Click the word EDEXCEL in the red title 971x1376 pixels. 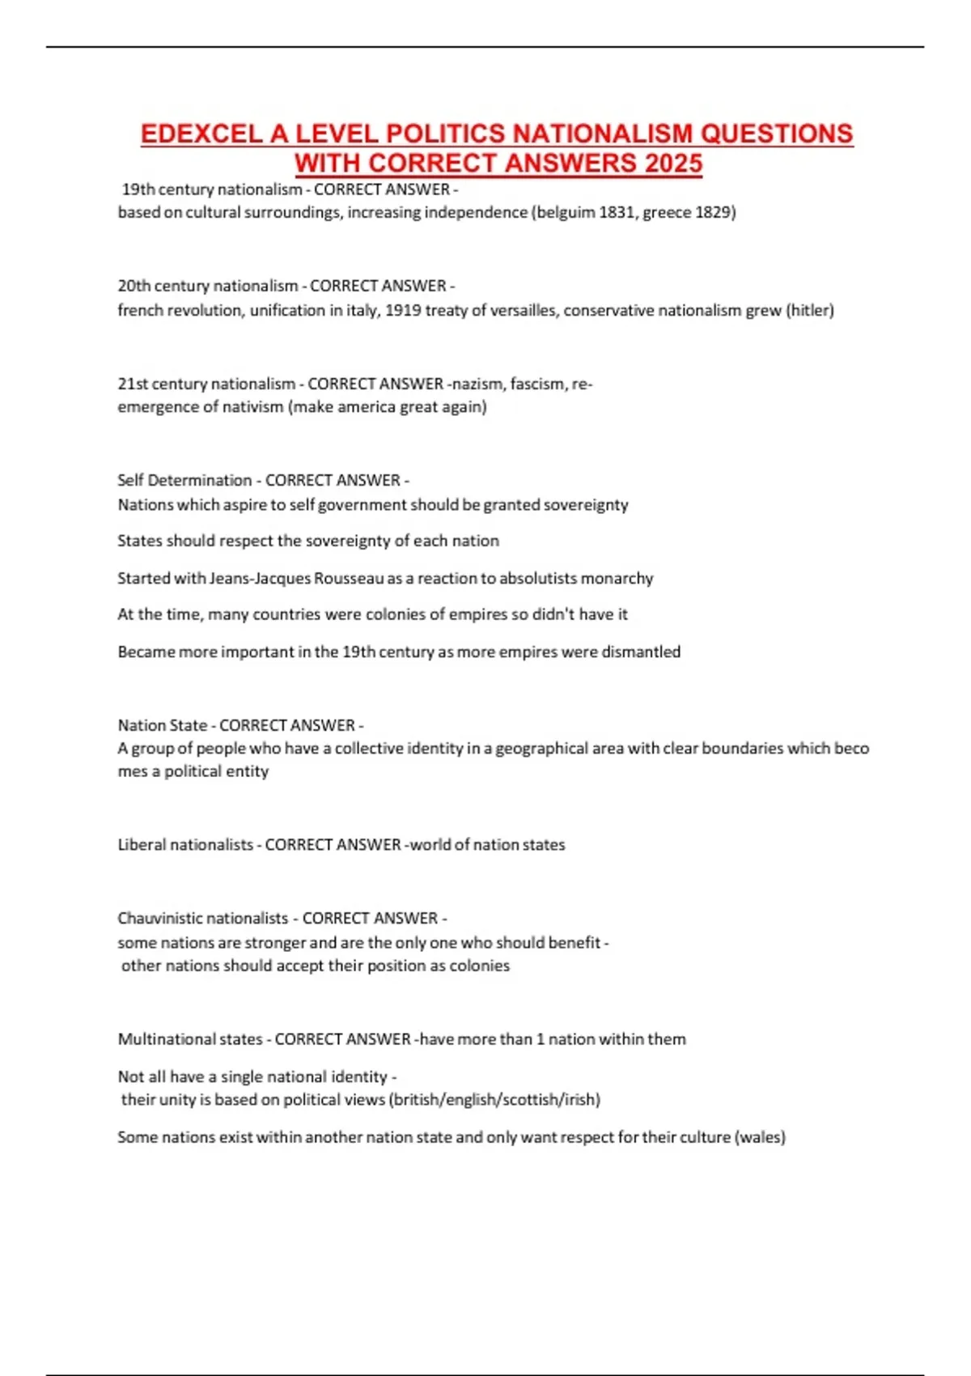coord(201,134)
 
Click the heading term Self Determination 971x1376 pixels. coord(184,480)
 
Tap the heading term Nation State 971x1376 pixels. coord(162,725)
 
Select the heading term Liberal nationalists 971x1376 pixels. coord(185,844)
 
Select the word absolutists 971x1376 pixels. coord(521,578)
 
